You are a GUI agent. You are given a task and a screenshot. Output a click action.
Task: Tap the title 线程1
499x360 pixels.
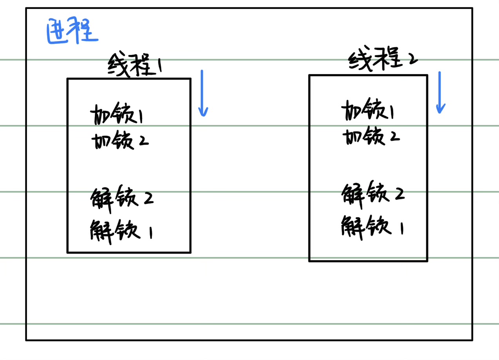pos(135,65)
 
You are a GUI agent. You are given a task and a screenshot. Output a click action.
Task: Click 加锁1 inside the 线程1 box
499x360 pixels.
pos(116,115)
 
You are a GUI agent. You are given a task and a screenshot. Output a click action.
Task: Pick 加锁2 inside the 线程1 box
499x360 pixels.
pos(119,141)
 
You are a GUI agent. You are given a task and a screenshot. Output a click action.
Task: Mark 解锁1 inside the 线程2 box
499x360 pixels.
pos(372,226)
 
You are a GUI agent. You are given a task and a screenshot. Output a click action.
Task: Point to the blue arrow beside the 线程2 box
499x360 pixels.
pos(440,92)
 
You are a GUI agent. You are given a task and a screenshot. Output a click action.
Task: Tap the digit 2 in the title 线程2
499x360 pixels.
pos(412,60)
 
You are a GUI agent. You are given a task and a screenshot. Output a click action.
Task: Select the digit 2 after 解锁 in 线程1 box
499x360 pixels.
pos(148,199)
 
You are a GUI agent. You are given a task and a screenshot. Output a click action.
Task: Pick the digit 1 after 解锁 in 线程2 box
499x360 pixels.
pos(401,228)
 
